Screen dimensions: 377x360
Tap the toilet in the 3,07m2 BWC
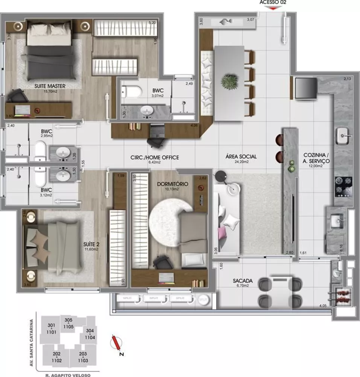[132, 91]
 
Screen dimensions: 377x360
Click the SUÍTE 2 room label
[91, 244]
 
